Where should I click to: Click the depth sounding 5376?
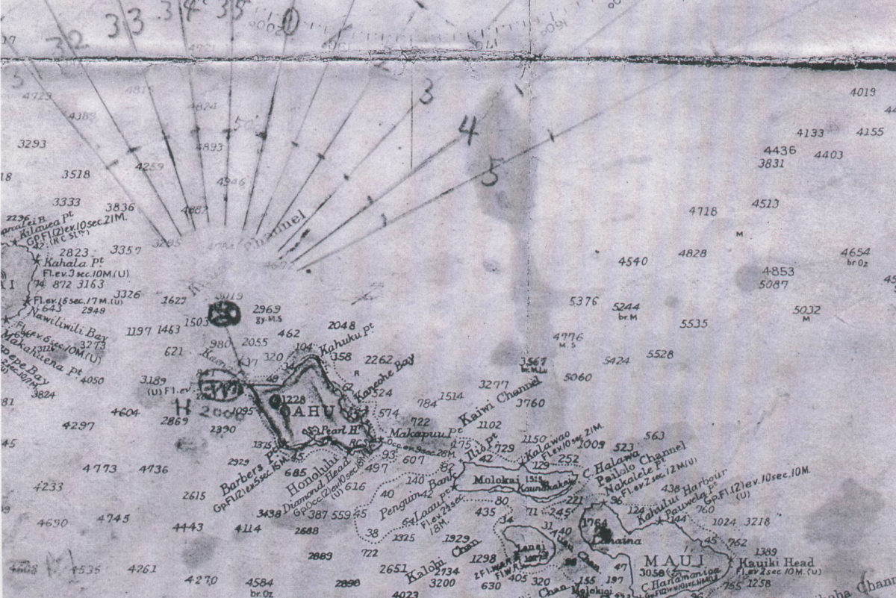pyautogui.click(x=583, y=302)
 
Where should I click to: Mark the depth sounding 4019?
pyautogui.click(x=862, y=93)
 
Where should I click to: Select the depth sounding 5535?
pyautogui.click(x=694, y=324)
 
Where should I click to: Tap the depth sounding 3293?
pyautogui.click(x=32, y=144)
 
